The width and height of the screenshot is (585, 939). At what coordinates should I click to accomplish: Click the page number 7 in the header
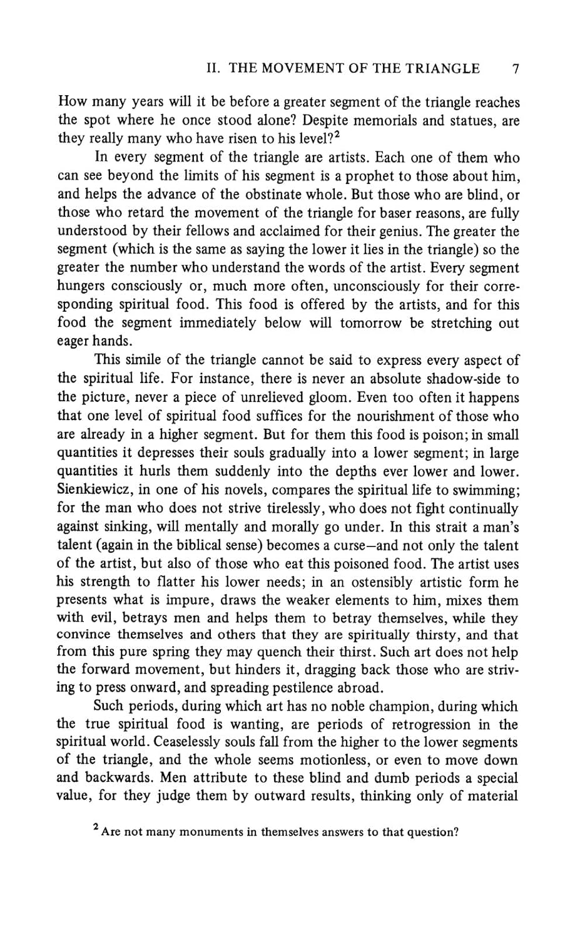pyautogui.click(x=514, y=69)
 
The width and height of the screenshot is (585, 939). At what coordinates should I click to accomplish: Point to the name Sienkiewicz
pyautogui.click(x=94, y=490)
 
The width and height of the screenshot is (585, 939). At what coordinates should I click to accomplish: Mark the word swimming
pyautogui.click(x=484, y=490)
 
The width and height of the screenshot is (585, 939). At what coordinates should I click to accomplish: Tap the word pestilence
pyautogui.click(x=308, y=687)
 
